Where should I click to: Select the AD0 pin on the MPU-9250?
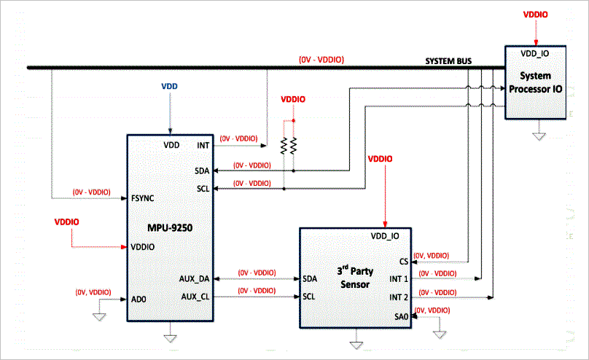coord(139,299)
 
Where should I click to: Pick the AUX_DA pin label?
coord(194,279)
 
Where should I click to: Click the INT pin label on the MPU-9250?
coord(203,145)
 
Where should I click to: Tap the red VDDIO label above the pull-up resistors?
coord(293,99)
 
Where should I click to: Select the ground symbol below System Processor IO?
coord(538,133)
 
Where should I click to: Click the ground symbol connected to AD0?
coord(99,316)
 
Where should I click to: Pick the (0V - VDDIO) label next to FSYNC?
coord(91,192)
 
